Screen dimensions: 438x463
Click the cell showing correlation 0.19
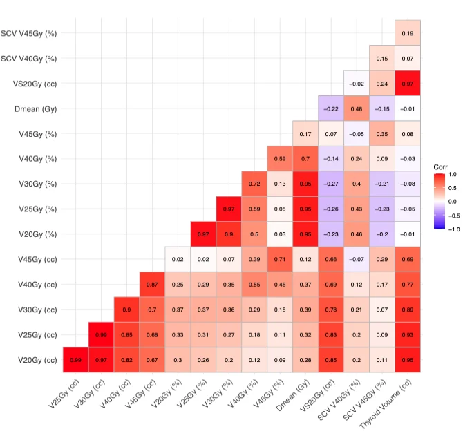tap(408, 33)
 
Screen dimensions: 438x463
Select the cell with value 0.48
tap(357, 108)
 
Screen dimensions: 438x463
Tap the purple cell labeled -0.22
tap(331, 108)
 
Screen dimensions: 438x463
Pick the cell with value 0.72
tap(254, 184)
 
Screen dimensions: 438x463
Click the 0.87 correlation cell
tap(152, 284)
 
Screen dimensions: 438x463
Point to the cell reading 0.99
tap(101, 334)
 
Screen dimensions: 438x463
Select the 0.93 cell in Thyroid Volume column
tap(408, 334)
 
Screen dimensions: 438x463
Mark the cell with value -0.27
tap(331, 184)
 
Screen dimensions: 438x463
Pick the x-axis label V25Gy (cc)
tap(66, 394)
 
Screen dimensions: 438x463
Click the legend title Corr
tap(441, 167)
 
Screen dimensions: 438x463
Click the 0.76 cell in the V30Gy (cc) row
tap(331, 310)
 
